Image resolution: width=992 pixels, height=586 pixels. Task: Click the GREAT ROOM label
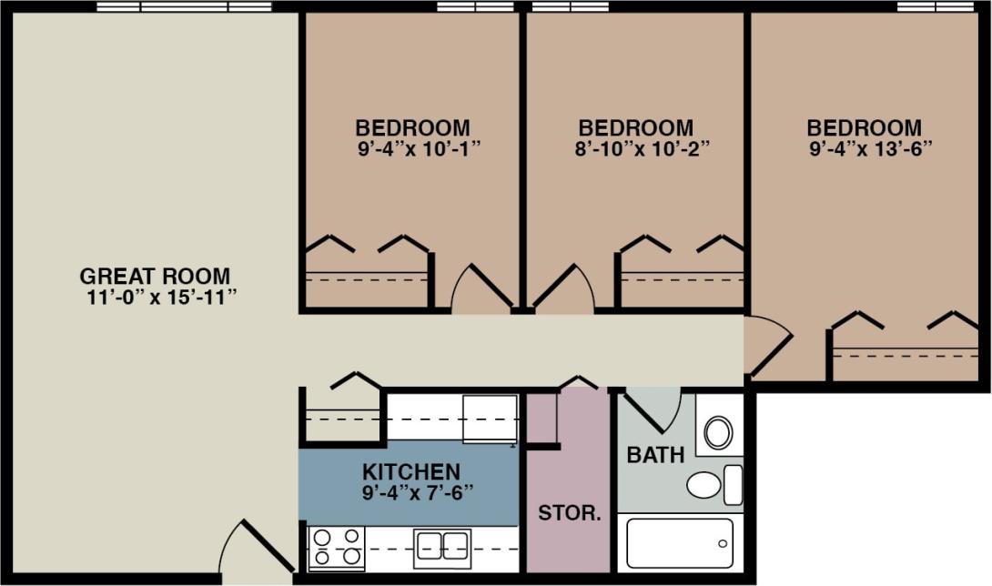tap(155, 276)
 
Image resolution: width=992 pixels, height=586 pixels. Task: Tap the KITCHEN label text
tap(410, 472)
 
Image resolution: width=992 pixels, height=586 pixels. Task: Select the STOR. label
tap(570, 512)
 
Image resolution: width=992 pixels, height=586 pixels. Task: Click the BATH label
tap(655, 455)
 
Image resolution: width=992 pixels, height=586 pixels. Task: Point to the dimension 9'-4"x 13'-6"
tap(870, 147)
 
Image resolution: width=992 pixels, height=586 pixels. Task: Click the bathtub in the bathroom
tap(680, 543)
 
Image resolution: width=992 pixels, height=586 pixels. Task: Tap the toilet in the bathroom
tap(714, 484)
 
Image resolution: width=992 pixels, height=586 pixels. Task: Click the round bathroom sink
tap(718, 433)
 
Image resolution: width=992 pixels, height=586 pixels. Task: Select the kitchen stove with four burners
tap(336, 548)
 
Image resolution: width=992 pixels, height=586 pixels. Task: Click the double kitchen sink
tap(442, 546)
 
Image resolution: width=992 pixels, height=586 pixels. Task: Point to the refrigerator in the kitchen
tap(490, 418)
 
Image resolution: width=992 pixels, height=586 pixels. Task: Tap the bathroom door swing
tap(655, 409)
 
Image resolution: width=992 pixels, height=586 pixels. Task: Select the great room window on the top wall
tap(184, 6)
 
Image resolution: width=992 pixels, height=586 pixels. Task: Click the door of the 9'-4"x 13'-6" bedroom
tap(764, 346)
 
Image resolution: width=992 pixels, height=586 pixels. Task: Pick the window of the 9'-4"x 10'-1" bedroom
tap(475, 6)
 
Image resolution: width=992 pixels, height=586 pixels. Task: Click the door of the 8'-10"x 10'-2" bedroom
tap(562, 291)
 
